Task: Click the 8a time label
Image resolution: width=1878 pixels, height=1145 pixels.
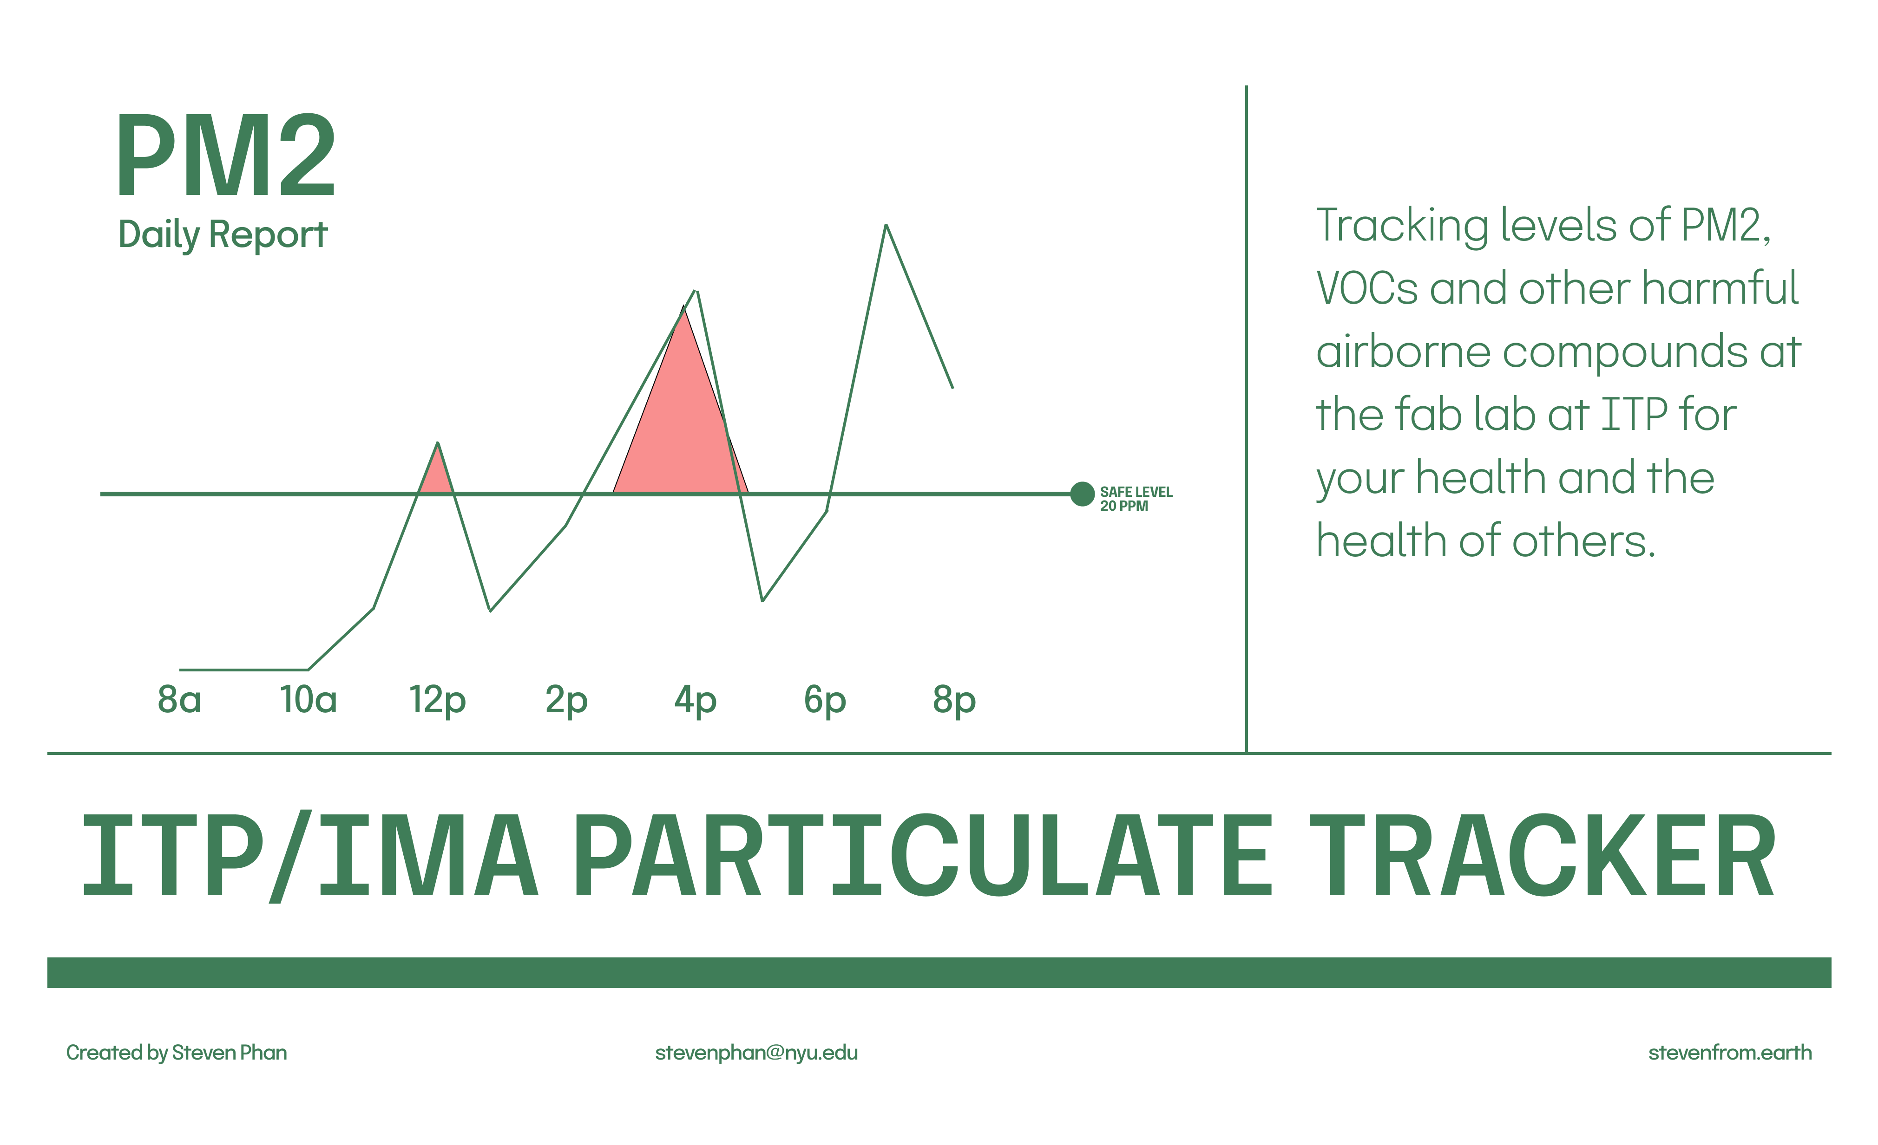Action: pos(179,699)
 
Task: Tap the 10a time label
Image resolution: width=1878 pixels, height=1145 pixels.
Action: pos(308,699)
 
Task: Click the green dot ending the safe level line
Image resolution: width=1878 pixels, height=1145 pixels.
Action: pos(1082,494)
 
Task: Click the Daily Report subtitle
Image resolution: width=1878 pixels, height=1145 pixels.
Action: pos(223,234)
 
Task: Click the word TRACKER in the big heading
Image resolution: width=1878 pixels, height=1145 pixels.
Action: pos(1542,855)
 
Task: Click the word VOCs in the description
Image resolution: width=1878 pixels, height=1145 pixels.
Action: pos(1367,288)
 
